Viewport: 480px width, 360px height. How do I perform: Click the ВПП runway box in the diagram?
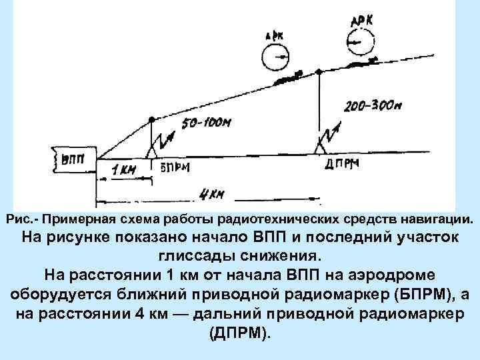tap(69, 160)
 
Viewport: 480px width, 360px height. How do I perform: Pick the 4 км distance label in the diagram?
tap(211, 195)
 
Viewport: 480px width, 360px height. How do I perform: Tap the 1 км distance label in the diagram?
tap(124, 170)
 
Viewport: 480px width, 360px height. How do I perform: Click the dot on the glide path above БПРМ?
tap(152, 119)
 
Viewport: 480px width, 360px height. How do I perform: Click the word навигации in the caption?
tap(437, 219)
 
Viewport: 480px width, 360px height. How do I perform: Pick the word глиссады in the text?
tap(186, 255)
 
